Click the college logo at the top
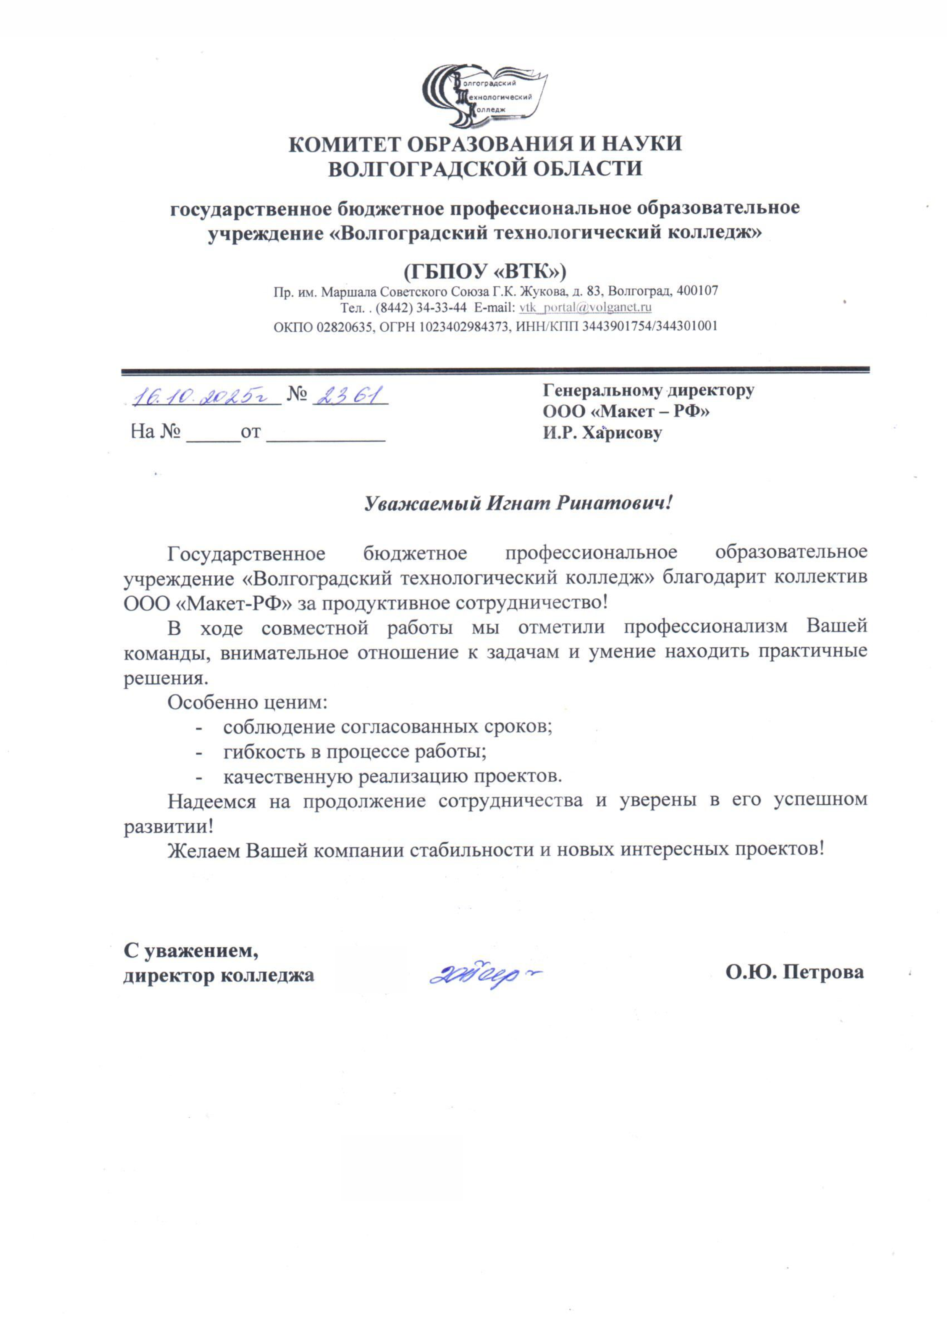click(x=484, y=97)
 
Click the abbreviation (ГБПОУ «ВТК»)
click(x=484, y=271)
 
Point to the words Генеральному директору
click(x=648, y=390)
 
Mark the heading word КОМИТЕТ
click(x=352, y=144)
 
